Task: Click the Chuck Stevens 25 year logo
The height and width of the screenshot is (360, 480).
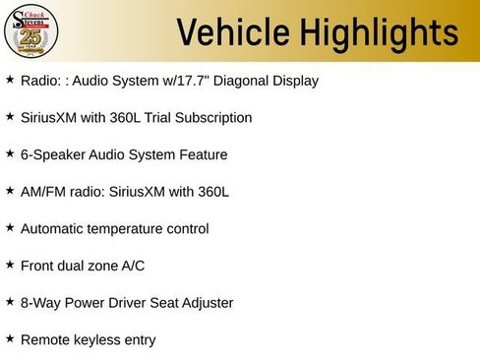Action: [31, 30]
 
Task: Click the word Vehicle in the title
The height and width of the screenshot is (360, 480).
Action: [232, 32]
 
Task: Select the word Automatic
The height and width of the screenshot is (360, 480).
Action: [53, 229]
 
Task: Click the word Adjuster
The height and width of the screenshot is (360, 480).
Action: [205, 303]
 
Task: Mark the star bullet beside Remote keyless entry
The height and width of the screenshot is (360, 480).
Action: [10, 339]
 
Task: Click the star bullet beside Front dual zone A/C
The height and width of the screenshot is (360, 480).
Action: [10, 265]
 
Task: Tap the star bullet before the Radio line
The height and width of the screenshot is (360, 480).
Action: [10, 80]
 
